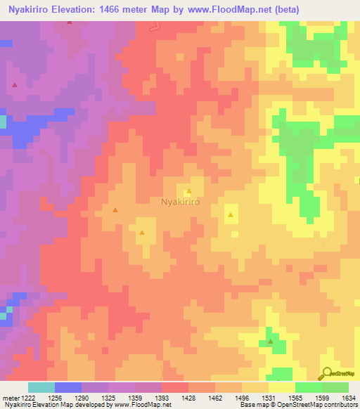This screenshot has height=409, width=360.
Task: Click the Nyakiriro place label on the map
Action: click(x=181, y=202)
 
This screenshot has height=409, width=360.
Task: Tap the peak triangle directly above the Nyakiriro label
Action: click(x=189, y=191)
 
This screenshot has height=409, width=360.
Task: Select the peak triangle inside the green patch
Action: click(x=271, y=342)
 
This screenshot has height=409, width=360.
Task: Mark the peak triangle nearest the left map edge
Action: click(x=15, y=85)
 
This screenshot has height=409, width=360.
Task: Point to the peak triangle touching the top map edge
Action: click(x=70, y=22)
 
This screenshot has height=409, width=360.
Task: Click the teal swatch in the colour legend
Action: click(x=41, y=387)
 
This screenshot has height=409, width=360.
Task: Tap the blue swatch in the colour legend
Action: click(x=67, y=387)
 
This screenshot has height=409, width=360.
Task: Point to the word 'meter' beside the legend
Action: click(x=11, y=398)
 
